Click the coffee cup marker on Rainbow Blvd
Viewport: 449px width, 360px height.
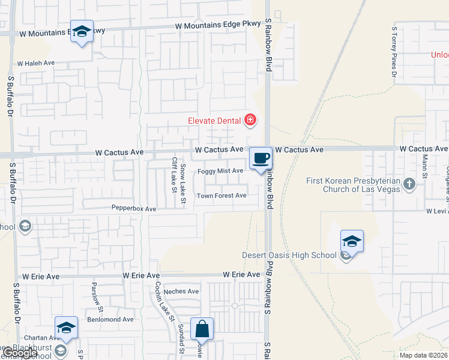(x=261, y=158)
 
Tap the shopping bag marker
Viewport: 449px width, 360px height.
(x=202, y=329)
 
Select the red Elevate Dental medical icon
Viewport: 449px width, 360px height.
(x=250, y=121)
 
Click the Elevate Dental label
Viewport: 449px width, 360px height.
(x=214, y=121)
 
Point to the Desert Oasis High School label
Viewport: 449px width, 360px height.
(x=289, y=255)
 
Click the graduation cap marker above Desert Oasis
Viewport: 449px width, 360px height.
(x=352, y=242)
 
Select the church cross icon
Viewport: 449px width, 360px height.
(x=409, y=184)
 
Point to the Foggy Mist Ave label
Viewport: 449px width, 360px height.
(x=220, y=171)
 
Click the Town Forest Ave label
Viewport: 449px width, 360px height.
(x=221, y=196)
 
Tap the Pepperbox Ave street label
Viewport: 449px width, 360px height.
(x=133, y=209)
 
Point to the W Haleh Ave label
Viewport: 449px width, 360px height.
(x=36, y=63)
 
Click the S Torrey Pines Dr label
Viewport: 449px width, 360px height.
(x=394, y=52)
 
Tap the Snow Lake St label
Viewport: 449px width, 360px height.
(x=183, y=178)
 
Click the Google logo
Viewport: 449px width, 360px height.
(x=22, y=353)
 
